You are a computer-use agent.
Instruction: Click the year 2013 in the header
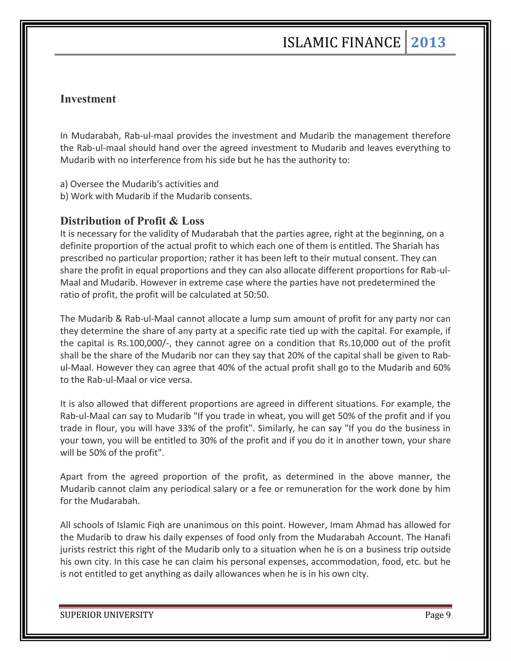pyautogui.click(x=428, y=42)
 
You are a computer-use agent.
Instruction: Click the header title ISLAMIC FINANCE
pyautogui.click(x=342, y=43)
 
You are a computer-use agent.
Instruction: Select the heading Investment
pyautogui.click(x=88, y=99)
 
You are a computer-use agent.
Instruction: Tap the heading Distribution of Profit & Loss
pyautogui.click(x=132, y=221)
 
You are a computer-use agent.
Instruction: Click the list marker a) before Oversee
pyautogui.click(x=64, y=184)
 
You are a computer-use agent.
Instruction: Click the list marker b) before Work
pyautogui.click(x=64, y=196)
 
